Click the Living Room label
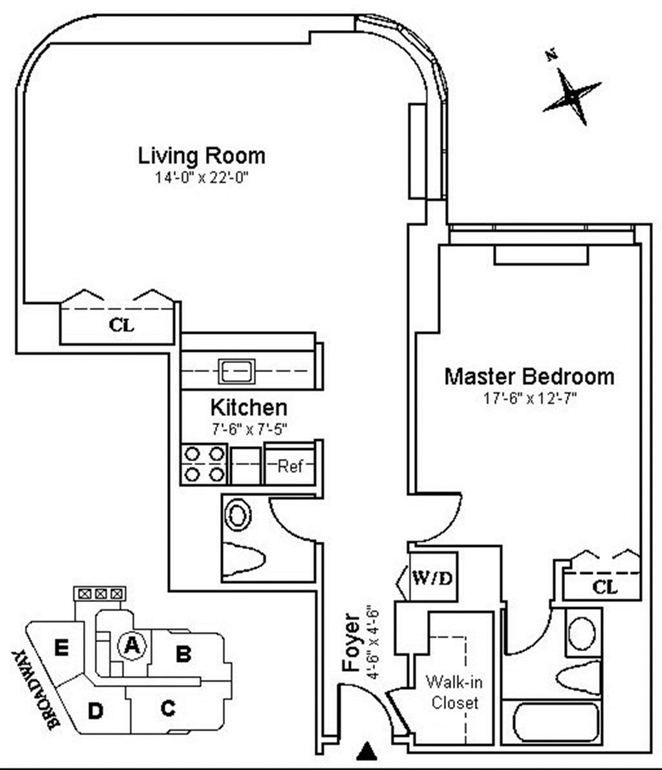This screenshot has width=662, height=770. tap(201, 156)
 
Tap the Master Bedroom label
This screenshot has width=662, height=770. tap(529, 376)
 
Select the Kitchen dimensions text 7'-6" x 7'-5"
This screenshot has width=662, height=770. tap(249, 428)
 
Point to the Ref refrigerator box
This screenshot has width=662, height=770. tap(290, 466)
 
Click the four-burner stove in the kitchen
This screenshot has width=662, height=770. tap(204, 464)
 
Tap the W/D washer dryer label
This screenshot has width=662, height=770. tap(433, 578)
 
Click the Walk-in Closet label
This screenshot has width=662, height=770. tap(455, 692)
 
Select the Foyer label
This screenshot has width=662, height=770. tap(351, 642)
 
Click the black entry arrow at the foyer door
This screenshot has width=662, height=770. tap(366, 751)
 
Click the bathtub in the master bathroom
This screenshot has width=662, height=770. tap(556, 723)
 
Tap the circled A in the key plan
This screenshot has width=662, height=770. tap(131, 644)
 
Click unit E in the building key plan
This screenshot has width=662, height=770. tap(61, 648)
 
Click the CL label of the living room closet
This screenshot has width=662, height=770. tap(121, 325)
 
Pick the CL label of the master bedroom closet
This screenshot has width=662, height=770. tap(605, 587)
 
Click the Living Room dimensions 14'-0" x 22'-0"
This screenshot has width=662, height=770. tap(201, 178)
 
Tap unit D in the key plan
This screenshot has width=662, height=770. tap(95, 711)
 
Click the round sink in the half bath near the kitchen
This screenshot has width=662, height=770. tap(238, 516)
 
